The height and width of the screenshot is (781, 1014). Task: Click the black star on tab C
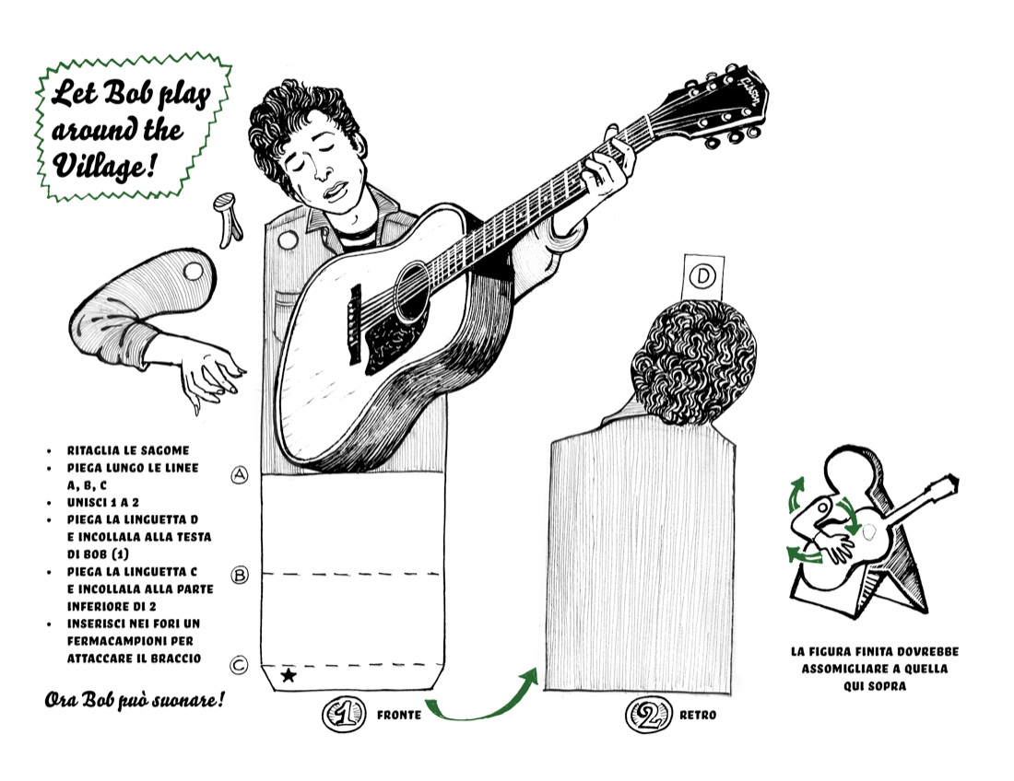tap(289, 676)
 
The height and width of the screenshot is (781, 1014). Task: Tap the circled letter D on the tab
tap(702, 276)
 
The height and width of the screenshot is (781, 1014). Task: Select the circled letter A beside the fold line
tap(240, 475)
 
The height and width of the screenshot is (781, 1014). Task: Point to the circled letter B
tap(240, 575)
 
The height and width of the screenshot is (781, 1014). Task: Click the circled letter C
tap(239, 665)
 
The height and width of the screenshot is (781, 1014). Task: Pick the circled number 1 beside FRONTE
tap(344, 714)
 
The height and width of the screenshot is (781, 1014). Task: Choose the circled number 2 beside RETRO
tap(647, 715)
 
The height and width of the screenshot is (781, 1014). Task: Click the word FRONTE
tap(399, 715)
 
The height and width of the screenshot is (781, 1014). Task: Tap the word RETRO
tap(698, 715)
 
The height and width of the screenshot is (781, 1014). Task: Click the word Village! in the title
tap(104, 166)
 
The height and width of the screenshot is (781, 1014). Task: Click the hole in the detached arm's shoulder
tap(193, 272)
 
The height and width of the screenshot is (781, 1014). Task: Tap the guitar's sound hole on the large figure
tap(411, 291)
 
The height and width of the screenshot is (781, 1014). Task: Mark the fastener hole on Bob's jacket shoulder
tap(287, 240)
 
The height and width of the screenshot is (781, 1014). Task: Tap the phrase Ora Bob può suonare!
tap(135, 700)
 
